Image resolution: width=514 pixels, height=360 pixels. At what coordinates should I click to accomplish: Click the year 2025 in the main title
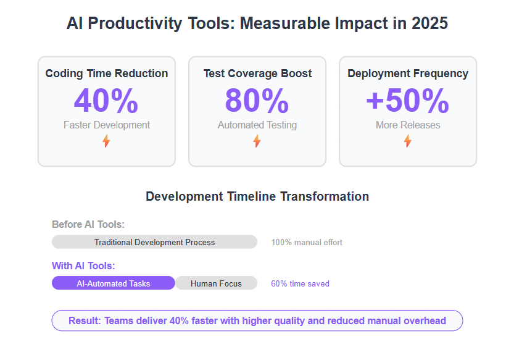429,23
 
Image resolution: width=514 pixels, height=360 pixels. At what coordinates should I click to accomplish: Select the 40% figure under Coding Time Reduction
106,101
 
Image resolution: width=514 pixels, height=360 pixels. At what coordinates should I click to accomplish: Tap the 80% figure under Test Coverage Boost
257,101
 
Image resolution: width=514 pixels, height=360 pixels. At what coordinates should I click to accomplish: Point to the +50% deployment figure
407,101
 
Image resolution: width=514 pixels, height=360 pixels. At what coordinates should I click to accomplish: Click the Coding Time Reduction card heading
107,73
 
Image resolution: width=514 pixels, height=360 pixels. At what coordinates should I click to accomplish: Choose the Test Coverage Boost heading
257,73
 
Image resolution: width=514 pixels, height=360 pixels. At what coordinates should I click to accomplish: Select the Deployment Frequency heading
408,73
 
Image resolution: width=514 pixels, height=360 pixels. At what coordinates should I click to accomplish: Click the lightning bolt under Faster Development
106,141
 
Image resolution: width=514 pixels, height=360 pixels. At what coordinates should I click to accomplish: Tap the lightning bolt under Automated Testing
257,141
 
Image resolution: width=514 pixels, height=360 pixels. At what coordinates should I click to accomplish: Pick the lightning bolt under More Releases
407,141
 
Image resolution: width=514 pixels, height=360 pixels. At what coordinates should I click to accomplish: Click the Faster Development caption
107,125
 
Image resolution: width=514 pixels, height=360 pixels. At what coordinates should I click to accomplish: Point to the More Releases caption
408,125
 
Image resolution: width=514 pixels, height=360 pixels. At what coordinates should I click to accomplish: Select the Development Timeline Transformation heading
257,196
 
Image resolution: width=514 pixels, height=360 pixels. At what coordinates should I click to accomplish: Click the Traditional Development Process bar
154,242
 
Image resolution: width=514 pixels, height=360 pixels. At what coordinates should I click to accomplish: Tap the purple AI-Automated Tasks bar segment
114,283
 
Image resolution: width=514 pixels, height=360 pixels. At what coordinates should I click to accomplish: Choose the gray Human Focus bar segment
216,283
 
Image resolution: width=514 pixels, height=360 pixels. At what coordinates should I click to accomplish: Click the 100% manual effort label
307,242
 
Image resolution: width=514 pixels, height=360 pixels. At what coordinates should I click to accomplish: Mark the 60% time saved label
300,283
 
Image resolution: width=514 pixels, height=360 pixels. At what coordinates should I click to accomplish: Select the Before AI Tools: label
88,225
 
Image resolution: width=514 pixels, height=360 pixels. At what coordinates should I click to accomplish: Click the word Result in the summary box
85,320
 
